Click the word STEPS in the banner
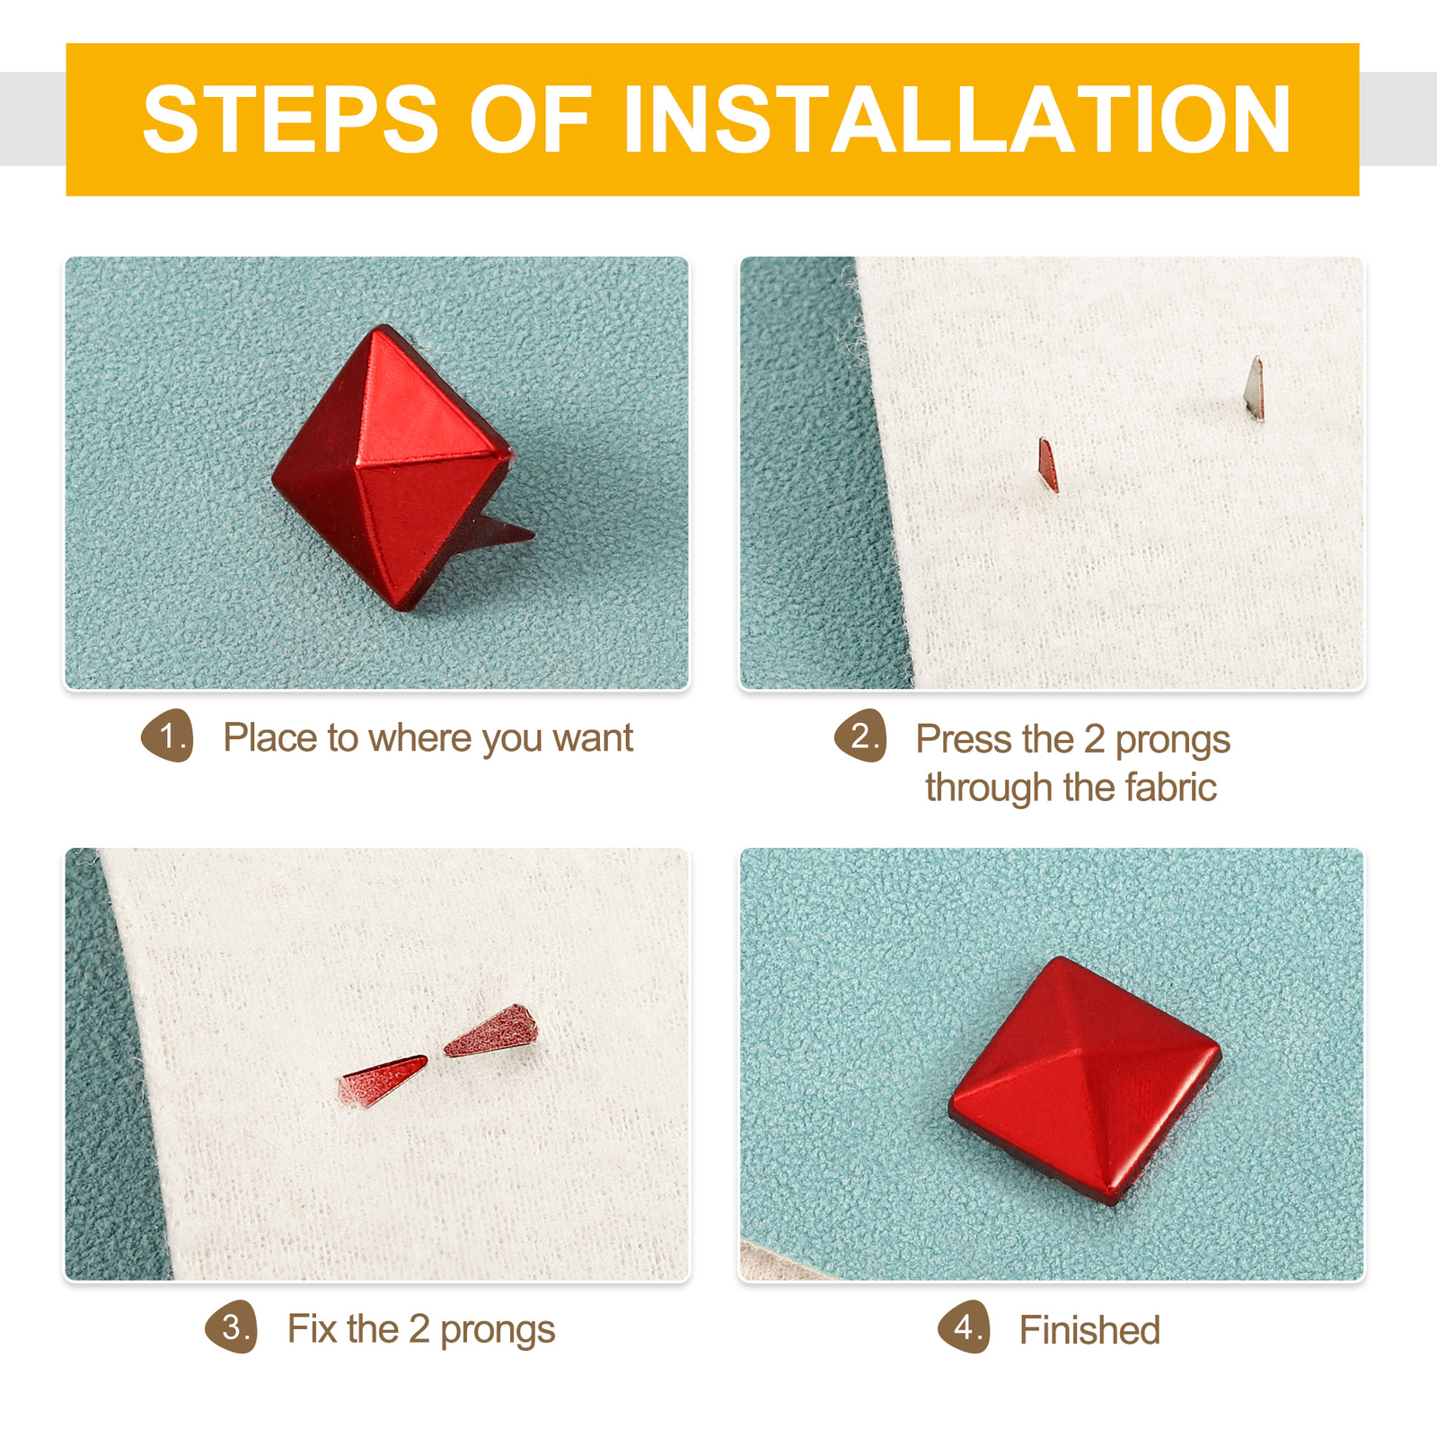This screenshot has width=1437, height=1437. point(290,119)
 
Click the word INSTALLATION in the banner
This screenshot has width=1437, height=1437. point(957,119)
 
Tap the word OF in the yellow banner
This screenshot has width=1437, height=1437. point(531,119)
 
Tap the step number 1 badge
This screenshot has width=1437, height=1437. point(168,736)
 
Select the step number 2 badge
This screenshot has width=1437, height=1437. point(860,736)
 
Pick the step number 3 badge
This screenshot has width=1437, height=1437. point(232,1327)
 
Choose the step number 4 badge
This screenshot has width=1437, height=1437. point(965,1327)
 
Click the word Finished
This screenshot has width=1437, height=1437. point(1089,1330)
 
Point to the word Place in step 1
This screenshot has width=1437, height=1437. point(270,738)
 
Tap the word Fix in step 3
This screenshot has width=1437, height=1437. point(312,1329)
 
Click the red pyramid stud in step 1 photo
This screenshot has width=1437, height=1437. point(392,467)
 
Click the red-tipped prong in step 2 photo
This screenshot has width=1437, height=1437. point(1048,464)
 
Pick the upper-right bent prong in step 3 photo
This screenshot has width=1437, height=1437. point(491,1031)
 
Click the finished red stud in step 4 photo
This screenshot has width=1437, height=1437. point(1085,1080)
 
